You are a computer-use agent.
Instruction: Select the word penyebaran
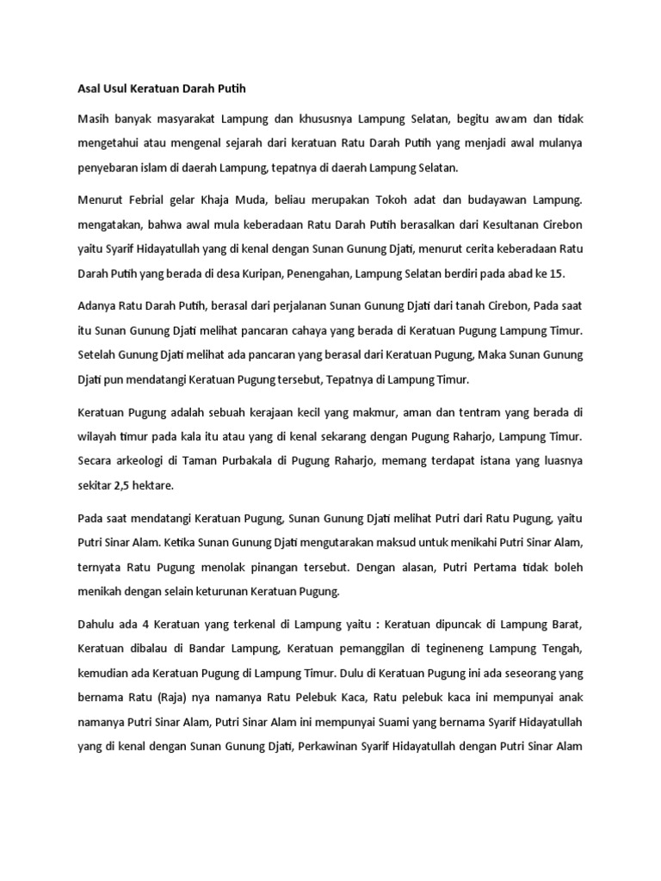(106, 167)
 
